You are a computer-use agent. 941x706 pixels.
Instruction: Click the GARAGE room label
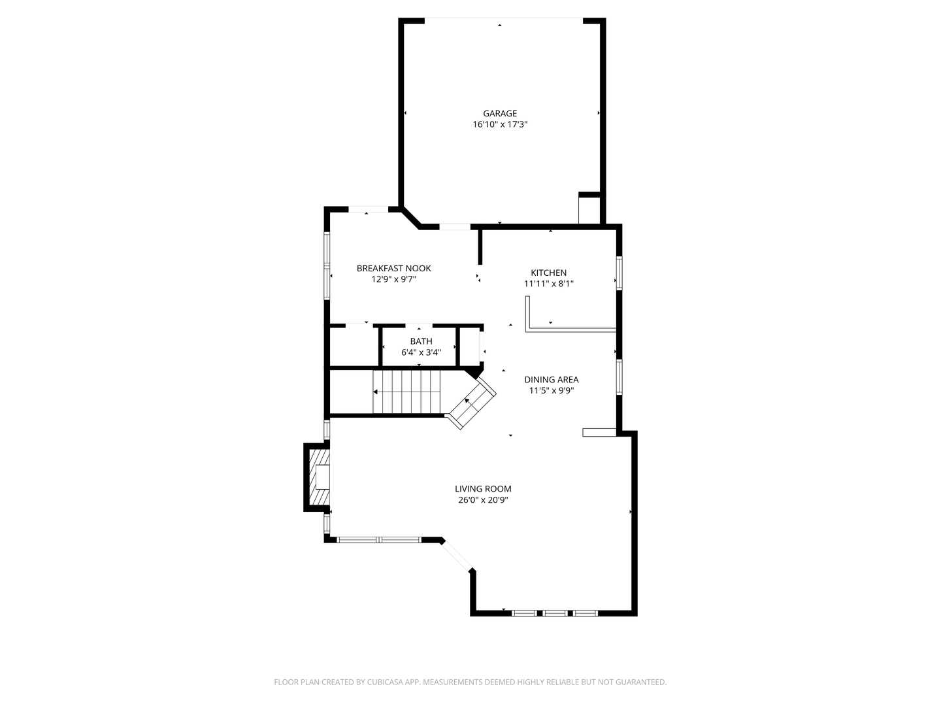pos(499,114)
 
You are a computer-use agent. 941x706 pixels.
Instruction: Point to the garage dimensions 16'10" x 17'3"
pos(500,125)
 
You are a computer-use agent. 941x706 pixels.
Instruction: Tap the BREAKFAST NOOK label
pos(393,268)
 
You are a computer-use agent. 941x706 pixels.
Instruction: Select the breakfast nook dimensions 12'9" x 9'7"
pos(393,280)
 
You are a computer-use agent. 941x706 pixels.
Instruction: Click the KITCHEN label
pos(548,273)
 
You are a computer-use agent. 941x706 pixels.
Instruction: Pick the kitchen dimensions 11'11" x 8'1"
pos(548,284)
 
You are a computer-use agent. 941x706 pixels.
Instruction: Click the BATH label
pos(421,341)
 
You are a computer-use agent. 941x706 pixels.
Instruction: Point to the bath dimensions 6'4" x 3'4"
pos(421,352)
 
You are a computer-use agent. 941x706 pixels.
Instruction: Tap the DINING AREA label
pos(552,379)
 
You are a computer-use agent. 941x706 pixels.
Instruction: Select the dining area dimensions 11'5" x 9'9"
pos(552,390)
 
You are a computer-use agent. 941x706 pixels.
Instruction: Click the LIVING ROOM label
pos(483,489)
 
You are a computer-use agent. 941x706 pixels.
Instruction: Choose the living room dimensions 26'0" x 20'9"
pos(483,500)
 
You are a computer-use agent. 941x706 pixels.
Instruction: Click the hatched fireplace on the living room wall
pos(317,477)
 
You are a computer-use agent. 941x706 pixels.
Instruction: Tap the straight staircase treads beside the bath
pos(406,392)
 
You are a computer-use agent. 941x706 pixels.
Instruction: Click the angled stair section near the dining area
pos(472,403)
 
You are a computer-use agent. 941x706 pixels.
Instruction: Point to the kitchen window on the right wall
pos(619,273)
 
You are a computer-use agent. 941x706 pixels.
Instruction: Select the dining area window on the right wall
pos(619,377)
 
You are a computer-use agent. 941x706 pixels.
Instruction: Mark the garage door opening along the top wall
pos(504,19)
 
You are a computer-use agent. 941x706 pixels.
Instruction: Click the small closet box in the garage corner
pos(589,209)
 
